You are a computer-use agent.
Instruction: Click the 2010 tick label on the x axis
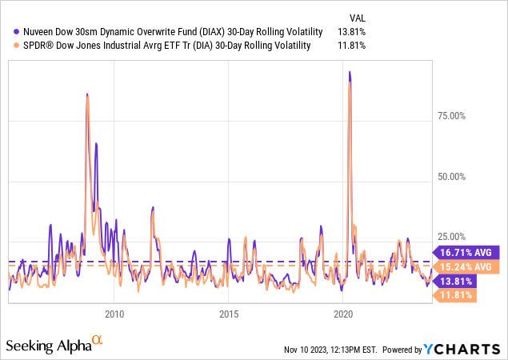(x=114, y=313)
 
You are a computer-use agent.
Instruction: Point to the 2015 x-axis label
(x=229, y=313)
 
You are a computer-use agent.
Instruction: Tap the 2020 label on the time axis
(x=343, y=313)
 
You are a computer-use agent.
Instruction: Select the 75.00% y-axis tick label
(x=450, y=116)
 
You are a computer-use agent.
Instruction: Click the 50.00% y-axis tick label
(x=450, y=176)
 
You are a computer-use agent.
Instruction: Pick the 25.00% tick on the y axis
(x=450, y=236)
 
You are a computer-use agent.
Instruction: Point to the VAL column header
(x=359, y=17)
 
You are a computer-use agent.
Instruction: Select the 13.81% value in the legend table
(x=352, y=31)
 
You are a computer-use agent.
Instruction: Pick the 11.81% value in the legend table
(x=352, y=45)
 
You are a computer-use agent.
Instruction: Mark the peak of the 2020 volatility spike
(x=348, y=72)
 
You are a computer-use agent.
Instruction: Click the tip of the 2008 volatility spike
(x=86, y=94)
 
